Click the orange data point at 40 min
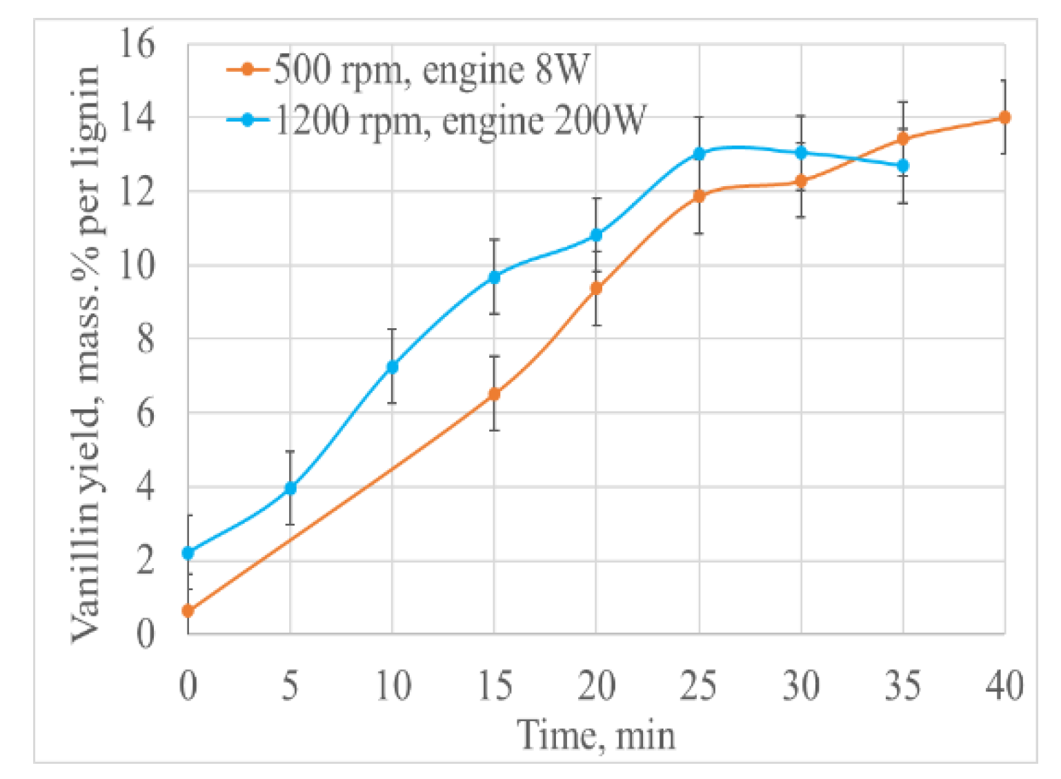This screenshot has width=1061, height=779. tap(1004, 118)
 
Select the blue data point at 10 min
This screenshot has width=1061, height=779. tap(392, 367)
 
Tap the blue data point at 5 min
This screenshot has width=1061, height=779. tap(290, 488)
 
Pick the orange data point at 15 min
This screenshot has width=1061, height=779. tap(494, 394)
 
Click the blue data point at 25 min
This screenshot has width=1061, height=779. tap(699, 154)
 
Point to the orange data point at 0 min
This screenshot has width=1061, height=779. tap(188, 611)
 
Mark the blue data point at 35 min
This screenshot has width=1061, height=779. tap(902, 166)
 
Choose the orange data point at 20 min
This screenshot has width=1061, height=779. tap(596, 288)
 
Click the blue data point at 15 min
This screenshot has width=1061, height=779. tap(494, 277)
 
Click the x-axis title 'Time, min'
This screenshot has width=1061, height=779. tap(596, 735)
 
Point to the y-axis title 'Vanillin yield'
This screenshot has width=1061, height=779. tap(87, 355)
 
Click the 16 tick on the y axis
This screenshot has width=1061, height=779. tap(137, 44)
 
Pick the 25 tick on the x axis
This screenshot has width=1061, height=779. tap(698, 687)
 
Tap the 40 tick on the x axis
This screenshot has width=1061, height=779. tap(1004, 687)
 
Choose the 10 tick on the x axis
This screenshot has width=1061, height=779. tap(393, 687)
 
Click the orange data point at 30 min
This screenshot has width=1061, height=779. tap(801, 181)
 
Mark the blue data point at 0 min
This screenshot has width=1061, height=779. tap(188, 553)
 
